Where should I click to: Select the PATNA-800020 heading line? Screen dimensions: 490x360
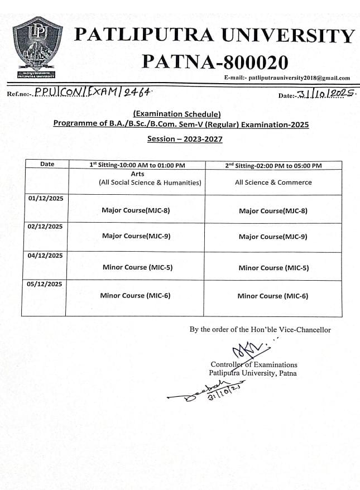[215, 61]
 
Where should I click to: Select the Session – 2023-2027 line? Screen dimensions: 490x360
[184, 139]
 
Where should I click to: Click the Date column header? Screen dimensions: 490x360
[47, 164]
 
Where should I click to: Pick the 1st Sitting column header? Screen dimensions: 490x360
[137, 165]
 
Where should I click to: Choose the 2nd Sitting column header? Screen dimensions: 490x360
[273, 165]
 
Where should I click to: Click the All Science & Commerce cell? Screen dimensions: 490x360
[273, 182]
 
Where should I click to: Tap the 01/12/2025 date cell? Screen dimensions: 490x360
[45, 198]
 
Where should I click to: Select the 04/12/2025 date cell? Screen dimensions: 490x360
[45, 256]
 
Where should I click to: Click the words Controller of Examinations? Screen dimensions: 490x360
[254, 364]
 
